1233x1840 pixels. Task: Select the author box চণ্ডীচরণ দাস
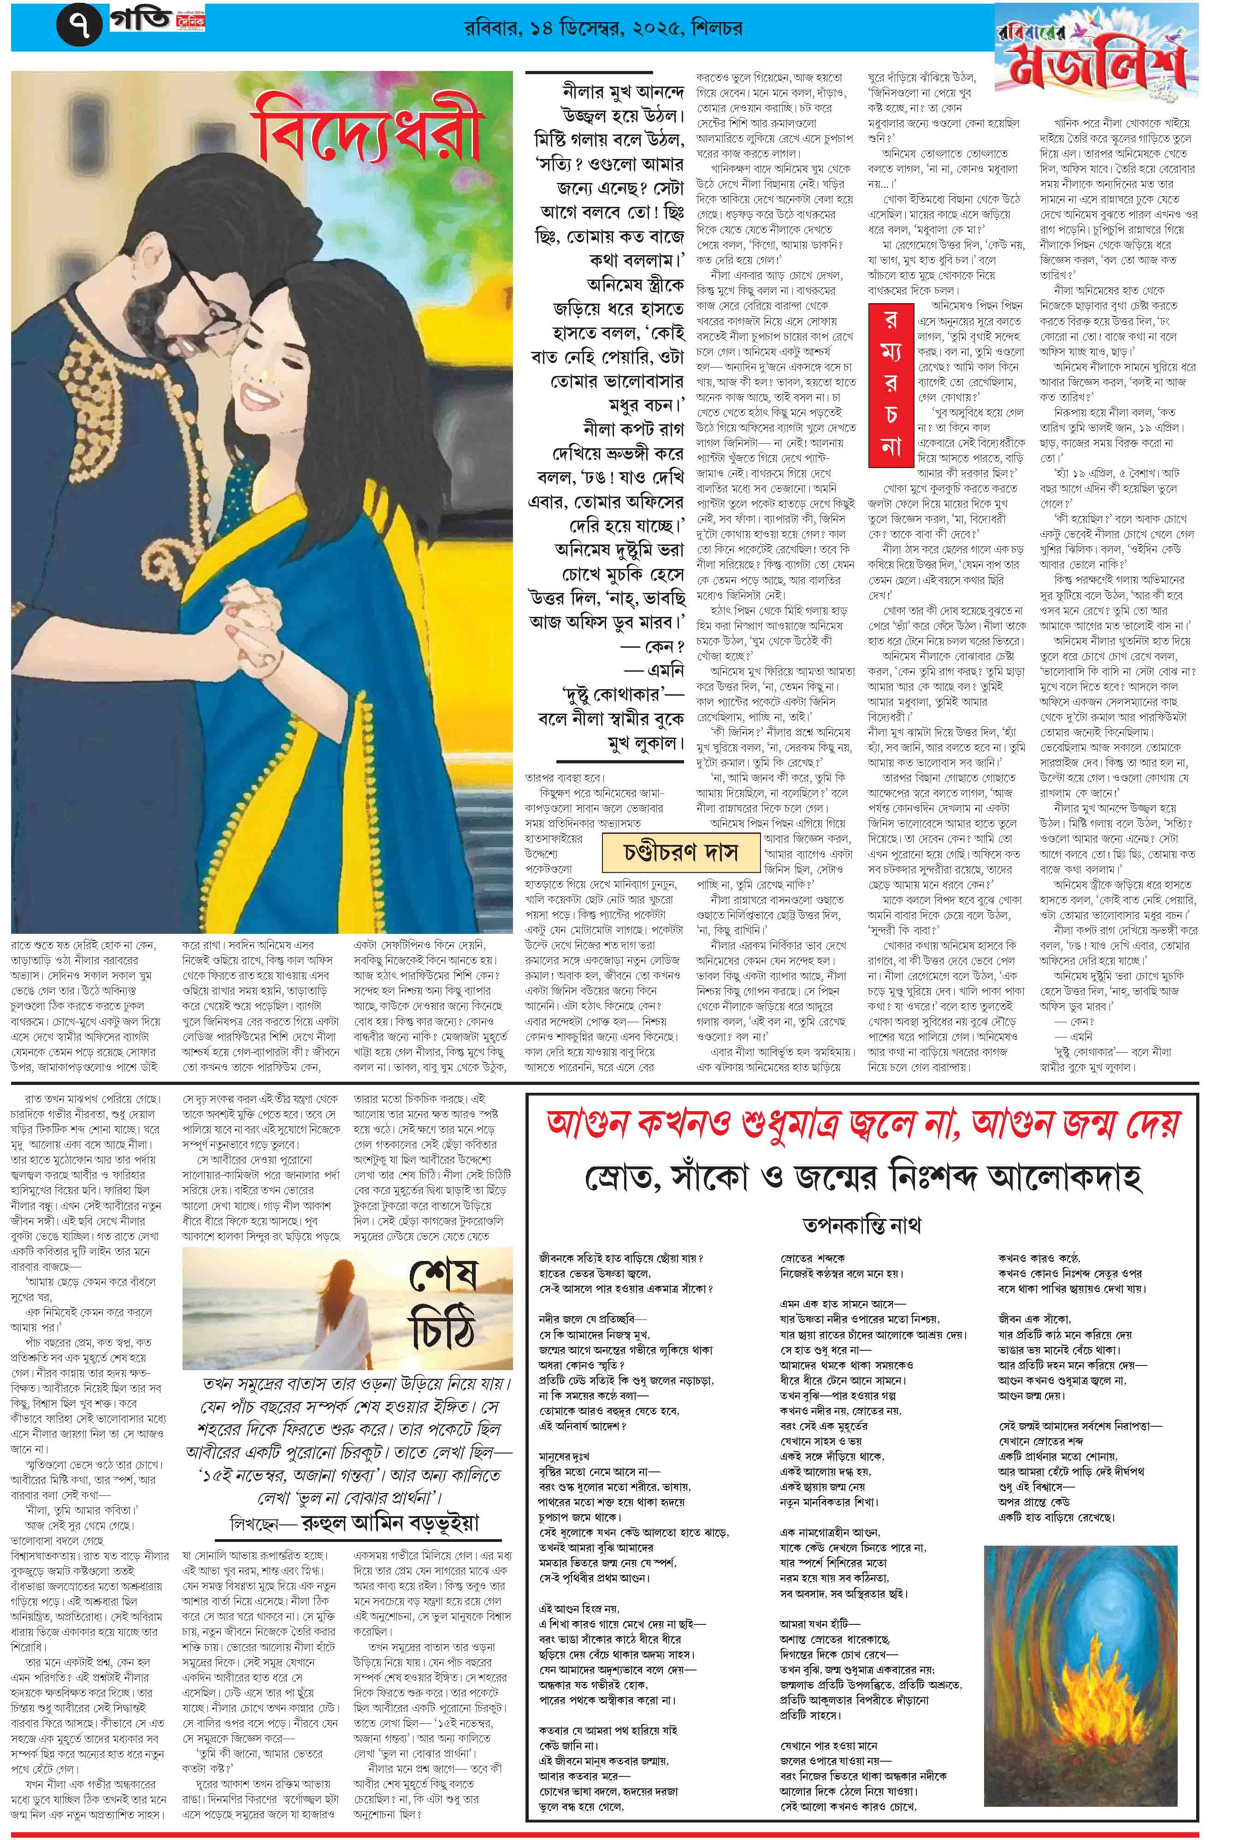coord(681,852)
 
